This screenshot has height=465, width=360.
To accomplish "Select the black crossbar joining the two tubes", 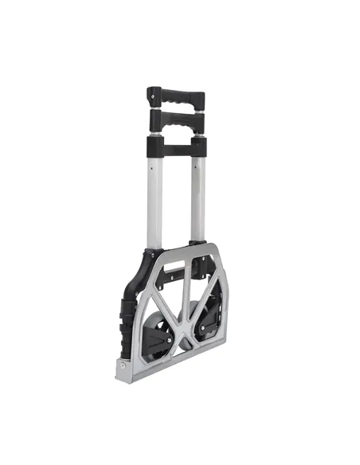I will click(x=175, y=147).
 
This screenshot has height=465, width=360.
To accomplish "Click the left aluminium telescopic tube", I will click(x=155, y=199).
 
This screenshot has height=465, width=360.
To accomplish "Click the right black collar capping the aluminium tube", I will click(x=198, y=147).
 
